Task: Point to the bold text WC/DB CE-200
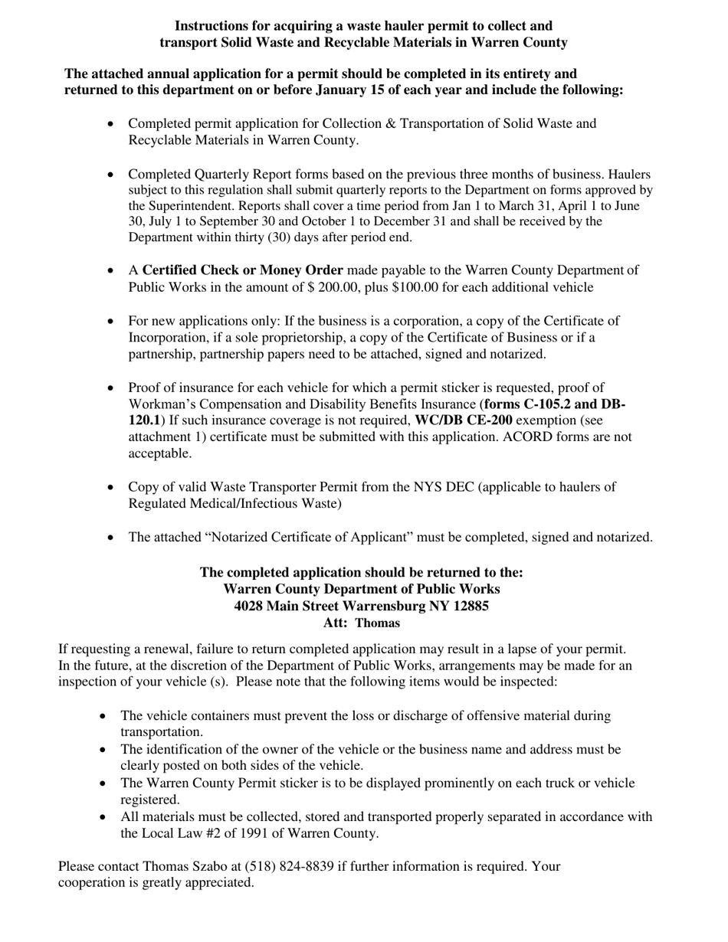464,420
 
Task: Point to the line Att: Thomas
362,623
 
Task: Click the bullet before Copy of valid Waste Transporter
113,487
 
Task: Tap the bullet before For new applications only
113,321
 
